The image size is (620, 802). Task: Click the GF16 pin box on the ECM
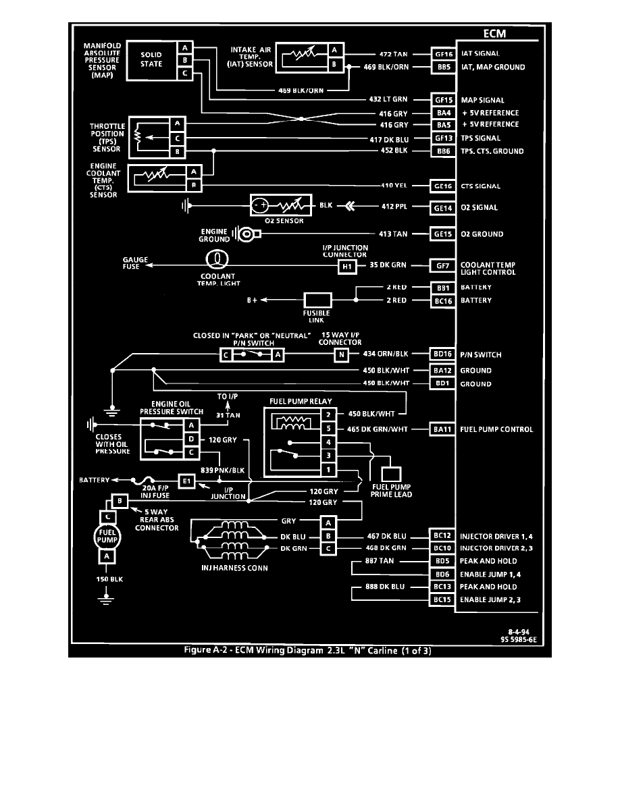pyautogui.click(x=444, y=53)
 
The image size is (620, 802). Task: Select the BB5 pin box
pyautogui.click(x=444, y=67)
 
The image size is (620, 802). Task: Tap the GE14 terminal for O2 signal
pyautogui.click(x=444, y=207)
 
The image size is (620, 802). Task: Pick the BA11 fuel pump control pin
pyautogui.click(x=444, y=429)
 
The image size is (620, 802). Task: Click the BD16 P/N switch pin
pyautogui.click(x=444, y=354)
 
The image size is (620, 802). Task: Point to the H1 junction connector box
pyautogui.click(x=346, y=266)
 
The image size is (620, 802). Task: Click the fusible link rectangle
pyautogui.click(x=317, y=300)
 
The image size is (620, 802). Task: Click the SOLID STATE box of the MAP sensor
pyautogui.click(x=151, y=60)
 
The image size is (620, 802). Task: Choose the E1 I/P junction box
pyautogui.click(x=186, y=480)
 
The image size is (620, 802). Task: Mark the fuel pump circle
pyautogui.click(x=105, y=535)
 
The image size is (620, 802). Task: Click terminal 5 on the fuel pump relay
pyautogui.click(x=328, y=429)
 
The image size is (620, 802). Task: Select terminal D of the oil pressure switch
pyautogui.click(x=192, y=439)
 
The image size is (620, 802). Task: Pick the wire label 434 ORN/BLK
pyautogui.click(x=386, y=354)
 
